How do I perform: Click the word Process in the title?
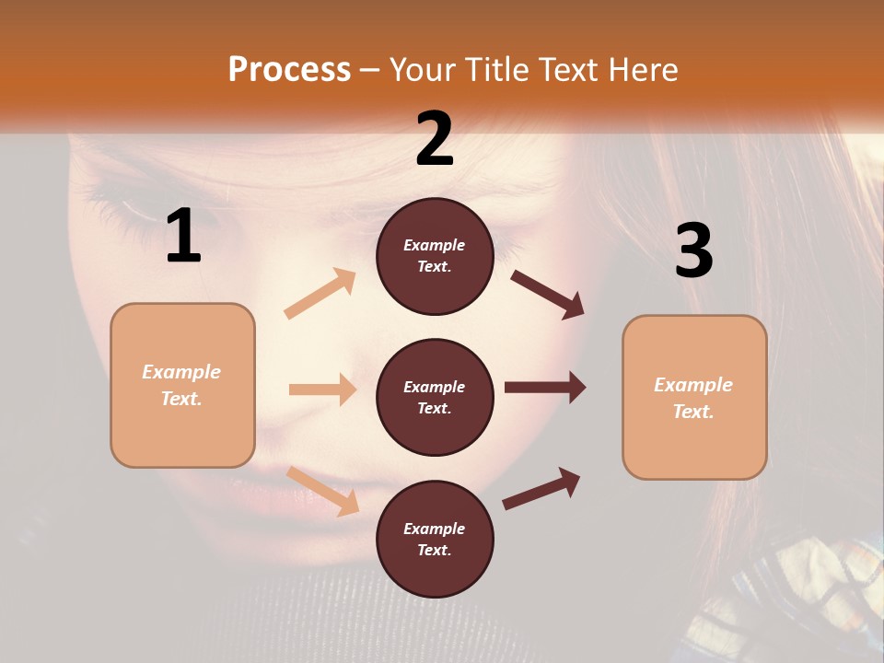pos(289,70)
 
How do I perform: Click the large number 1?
pos(183,237)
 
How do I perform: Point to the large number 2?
pos(435,140)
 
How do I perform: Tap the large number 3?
pos(693,250)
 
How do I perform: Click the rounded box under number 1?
pos(182,385)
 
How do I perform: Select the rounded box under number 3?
pos(694,398)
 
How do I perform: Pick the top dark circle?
pos(435,256)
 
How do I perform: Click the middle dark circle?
pos(435,397)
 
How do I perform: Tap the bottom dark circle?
pos(435,539)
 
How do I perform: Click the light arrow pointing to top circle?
pos(320,293)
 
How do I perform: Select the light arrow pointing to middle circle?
pos(322,390)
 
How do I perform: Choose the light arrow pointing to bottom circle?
pos(323,491)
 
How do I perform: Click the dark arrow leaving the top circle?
pos(547,294)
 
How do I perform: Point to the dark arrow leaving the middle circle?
pos(545,387)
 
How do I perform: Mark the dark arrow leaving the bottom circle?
pos(541,488)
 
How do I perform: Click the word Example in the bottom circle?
pos(434,529)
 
